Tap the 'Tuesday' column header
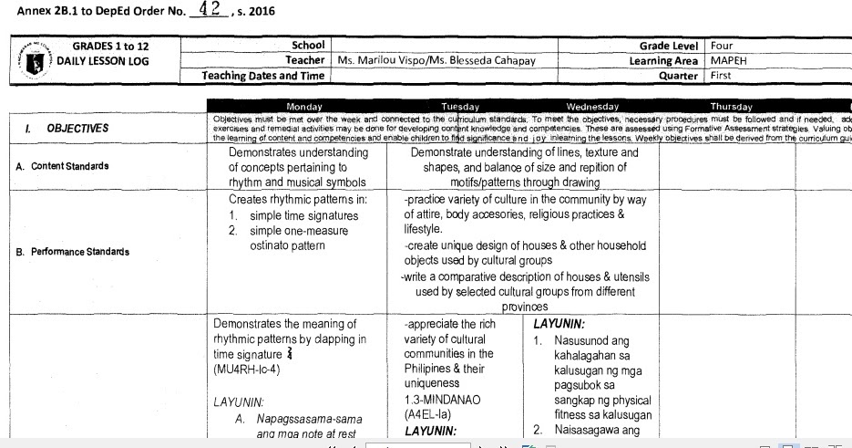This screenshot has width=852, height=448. [459, 107]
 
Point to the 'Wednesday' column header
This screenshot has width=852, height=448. [592, 107]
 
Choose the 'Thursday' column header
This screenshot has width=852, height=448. [731, 107]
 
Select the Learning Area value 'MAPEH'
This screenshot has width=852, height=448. [729, 60]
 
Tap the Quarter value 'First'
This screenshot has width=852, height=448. [721, 76]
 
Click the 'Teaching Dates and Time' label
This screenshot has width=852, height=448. [263, 76]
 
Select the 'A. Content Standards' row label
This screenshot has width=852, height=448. [69, 166]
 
